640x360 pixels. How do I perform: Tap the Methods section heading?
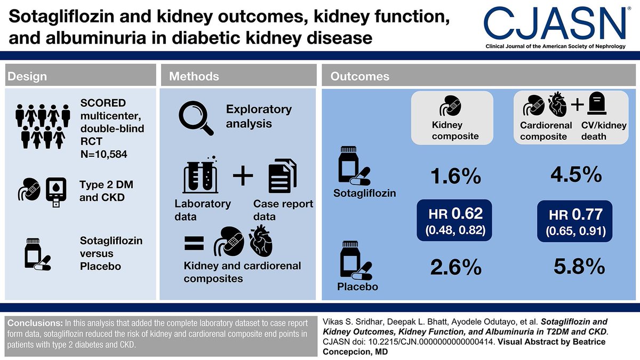(x=194, y=76)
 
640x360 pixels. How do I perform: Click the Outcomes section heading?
(x=360, y=76)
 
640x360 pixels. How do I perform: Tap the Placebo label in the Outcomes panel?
(x=357, y=287)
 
